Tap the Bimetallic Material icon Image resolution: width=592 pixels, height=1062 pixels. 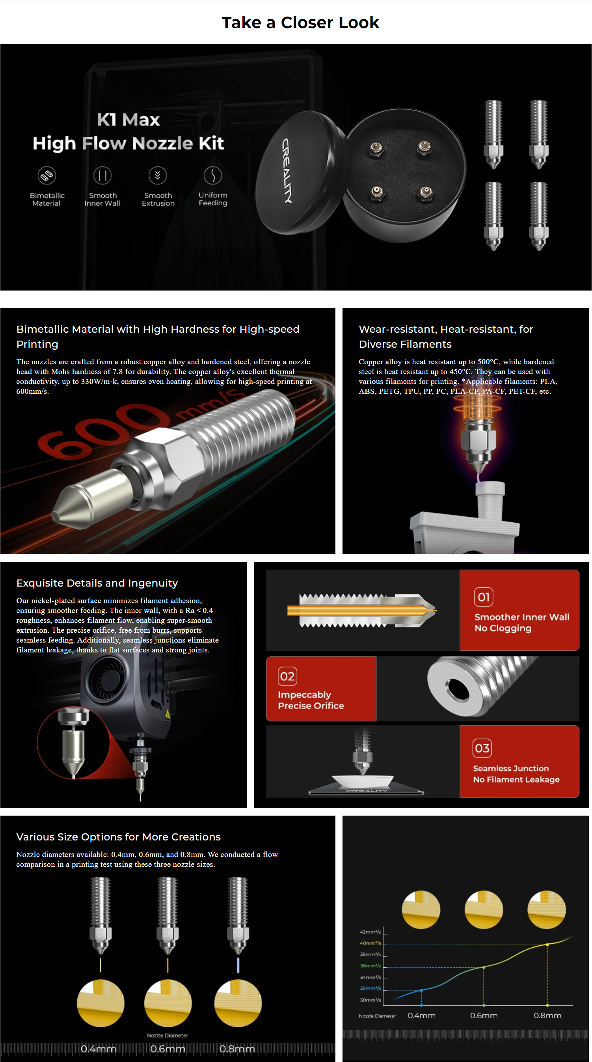[47, 176]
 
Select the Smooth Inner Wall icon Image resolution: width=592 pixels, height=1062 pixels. [102, 176]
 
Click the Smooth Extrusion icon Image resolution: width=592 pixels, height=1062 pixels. [158, 176]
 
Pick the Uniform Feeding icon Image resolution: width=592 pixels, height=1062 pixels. [213, 176]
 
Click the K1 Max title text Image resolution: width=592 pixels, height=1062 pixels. [128, 120]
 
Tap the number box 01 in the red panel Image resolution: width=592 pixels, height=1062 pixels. [484, 596]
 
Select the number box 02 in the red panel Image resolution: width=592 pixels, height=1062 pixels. [287, 676]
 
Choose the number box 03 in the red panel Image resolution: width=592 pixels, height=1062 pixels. [482, 748]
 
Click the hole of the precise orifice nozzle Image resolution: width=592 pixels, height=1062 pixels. [457, 690]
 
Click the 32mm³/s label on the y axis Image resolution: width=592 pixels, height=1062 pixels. [370, 988]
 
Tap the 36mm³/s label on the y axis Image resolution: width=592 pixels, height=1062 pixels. [370, 965]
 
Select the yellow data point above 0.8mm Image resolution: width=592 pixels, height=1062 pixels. [547, 944]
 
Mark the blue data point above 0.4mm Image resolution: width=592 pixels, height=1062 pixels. [421, 990]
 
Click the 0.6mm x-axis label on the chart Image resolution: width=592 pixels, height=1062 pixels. [484, 1015]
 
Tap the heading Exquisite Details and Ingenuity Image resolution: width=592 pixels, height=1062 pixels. [97, 583]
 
